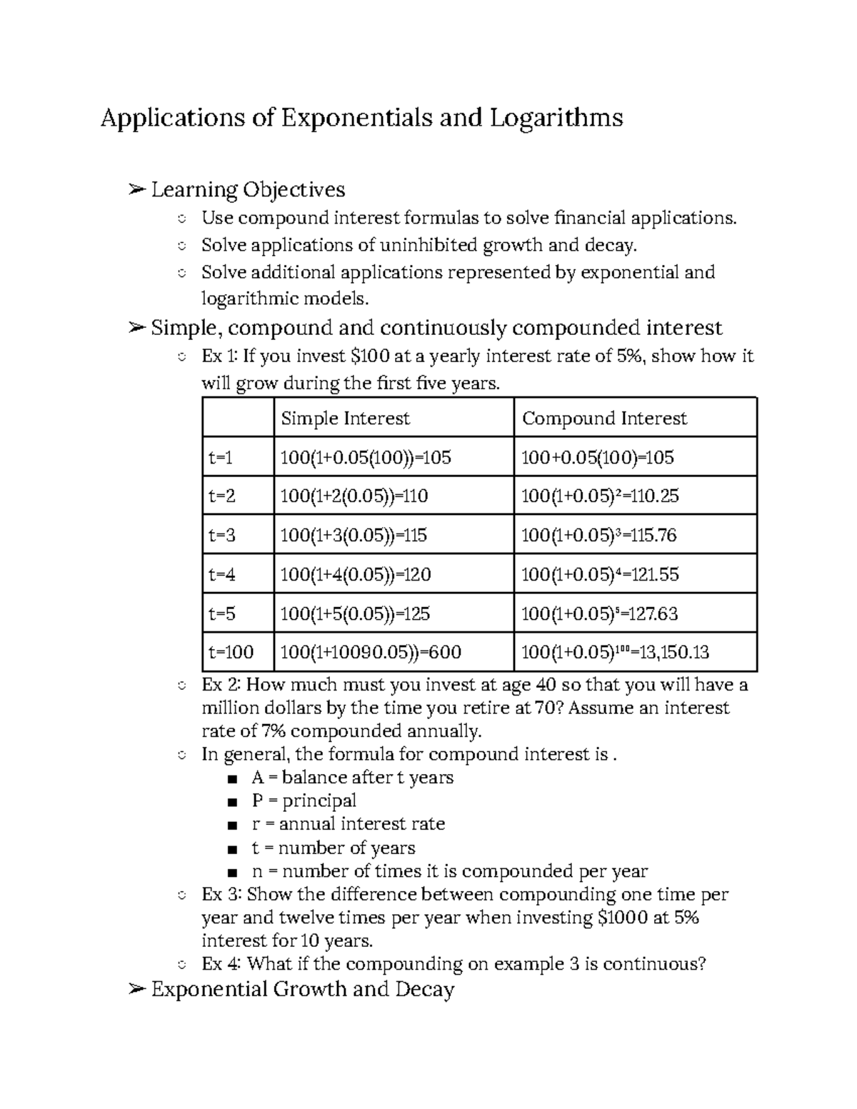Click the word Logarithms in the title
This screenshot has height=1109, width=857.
(x=556, y=118)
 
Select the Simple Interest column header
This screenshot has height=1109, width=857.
(x=345, y=418)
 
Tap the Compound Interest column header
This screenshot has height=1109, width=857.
(x=604, y=418)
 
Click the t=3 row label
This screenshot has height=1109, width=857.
(x=221, y=535)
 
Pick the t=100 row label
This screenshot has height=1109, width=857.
(x=231, y=652)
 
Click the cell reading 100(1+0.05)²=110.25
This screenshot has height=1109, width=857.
(x=600, y=496)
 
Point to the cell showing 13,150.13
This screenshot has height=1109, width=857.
(x=615, y=652)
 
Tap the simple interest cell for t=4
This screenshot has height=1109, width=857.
(x=356, y=574)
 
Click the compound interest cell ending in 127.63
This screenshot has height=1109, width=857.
(x=599, y=613)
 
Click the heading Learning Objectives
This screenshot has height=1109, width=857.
(x=248, y=190)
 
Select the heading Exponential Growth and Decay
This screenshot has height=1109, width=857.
(x=303, y=990)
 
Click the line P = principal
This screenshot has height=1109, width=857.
(x=304, y=801)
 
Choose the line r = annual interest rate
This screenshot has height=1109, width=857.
(x=349, y=824)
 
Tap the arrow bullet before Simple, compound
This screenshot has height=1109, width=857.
(x=136, y=328)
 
